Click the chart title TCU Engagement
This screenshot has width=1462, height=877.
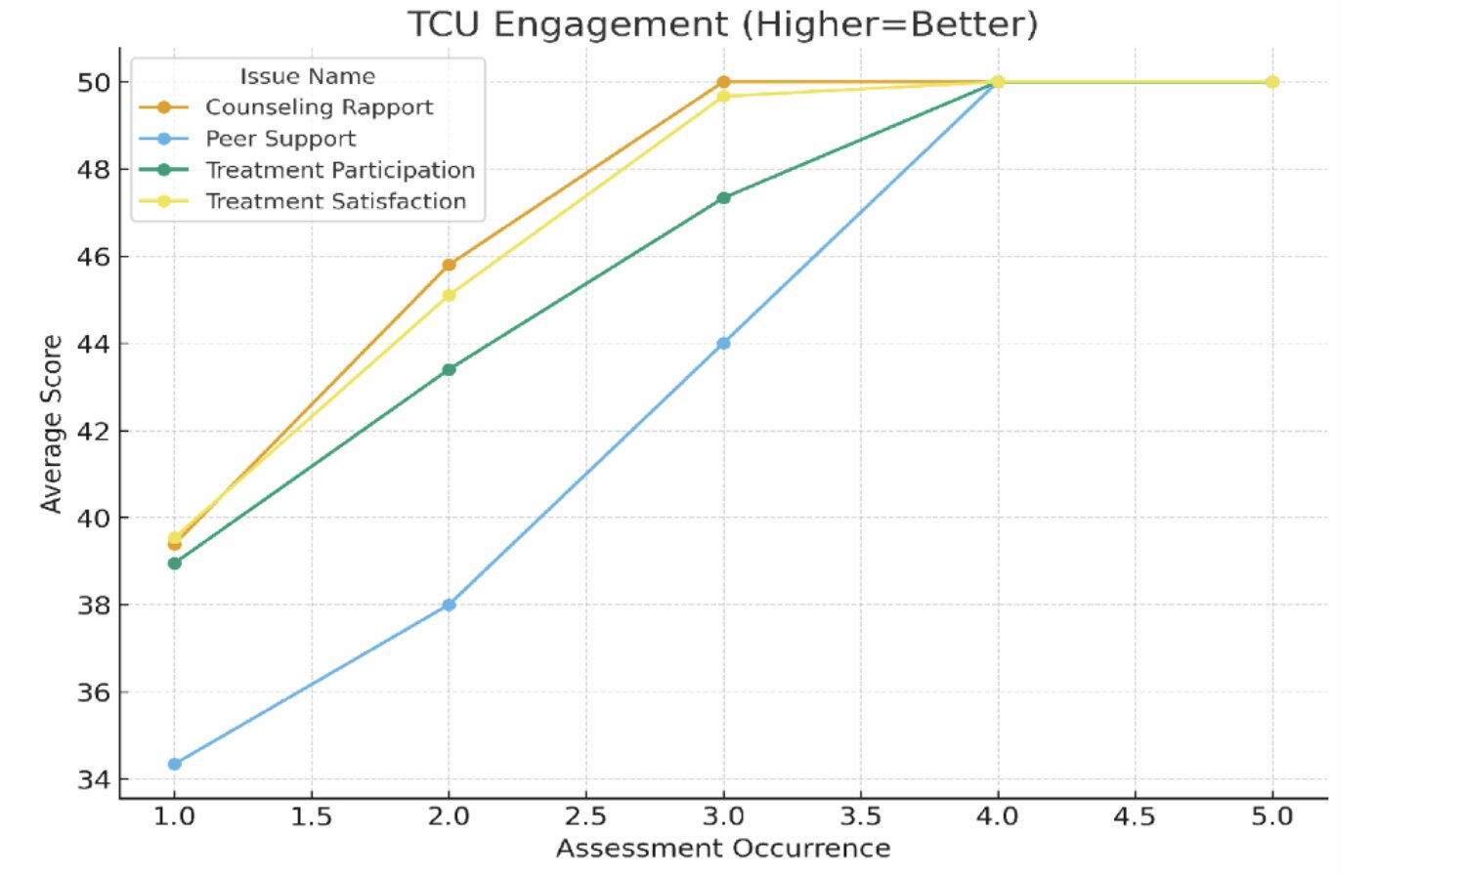click(722, 23)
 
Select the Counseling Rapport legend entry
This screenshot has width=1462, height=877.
click(319, 107)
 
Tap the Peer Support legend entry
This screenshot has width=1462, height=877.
click(280, 139)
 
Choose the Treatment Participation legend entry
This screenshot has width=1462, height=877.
click(340, 170)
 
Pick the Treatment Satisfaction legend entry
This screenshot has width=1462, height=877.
click(335, 201)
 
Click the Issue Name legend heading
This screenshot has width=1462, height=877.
click(308, 76)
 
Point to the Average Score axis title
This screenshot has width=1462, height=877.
click(51, 424)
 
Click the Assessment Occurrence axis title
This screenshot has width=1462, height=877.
click(723, 848)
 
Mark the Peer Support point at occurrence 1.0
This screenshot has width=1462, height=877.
click(175, 764)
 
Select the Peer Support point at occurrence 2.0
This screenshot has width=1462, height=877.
click(449, 605)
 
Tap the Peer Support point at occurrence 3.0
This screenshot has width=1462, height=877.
click(723, 343)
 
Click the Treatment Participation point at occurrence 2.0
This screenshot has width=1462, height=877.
click(449, 369)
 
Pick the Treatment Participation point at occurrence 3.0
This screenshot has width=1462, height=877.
click(723, 198)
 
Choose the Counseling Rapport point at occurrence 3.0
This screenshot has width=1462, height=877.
click(723, 82)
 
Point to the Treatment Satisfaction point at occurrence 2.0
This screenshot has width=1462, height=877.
click(449, 295)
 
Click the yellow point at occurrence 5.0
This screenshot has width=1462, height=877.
click(1272, 82)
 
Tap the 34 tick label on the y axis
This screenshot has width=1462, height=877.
click(94, 779)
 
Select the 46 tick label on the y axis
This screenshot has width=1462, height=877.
click(94, 257)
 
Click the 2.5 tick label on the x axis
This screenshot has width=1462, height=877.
click(585, 816)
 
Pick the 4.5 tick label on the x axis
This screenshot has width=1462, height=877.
click(1135, 816)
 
